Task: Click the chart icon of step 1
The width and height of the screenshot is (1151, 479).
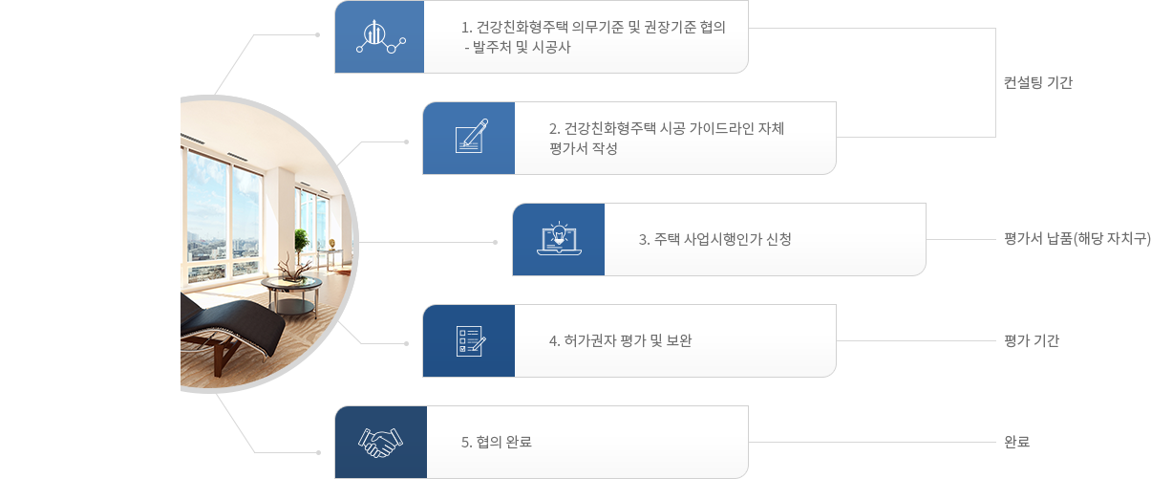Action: (379, 37)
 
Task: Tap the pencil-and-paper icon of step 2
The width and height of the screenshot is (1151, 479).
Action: (469, 138)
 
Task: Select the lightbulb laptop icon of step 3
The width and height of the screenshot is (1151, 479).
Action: (559, 239)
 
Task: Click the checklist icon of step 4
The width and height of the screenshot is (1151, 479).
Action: (469, 340)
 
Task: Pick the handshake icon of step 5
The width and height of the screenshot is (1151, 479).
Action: (380, 442)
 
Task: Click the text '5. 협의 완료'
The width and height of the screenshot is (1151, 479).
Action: (496, 442)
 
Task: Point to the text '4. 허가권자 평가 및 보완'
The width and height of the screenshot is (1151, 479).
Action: (620, 340)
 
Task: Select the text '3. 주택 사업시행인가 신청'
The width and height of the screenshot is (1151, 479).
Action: (714, 239)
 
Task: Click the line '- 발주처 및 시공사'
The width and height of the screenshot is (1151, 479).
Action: (516, 47)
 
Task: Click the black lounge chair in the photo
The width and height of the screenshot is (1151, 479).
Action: (234, 325)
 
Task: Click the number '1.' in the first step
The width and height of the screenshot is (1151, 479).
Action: (467, 27)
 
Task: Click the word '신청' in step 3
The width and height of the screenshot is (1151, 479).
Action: (778, 239)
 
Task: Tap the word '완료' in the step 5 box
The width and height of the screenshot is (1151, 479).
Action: (517, 442)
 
